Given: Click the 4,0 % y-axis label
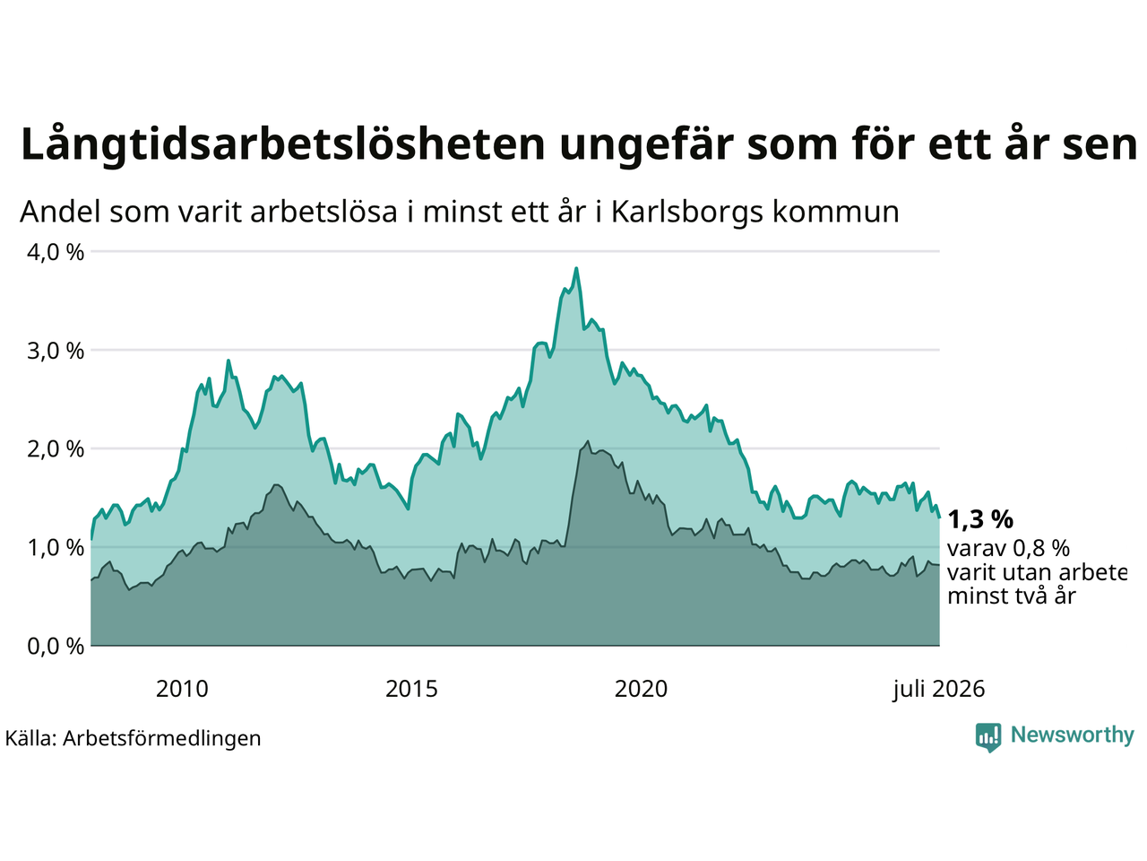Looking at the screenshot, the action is click(x=56, y=253).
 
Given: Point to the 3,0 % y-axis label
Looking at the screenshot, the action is click(x=56, y=351).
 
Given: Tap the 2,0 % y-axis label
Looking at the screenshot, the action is click(x=56, y=449).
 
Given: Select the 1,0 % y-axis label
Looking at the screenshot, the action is click(x=56, y=548).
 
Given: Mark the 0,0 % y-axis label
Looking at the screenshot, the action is click(x=56, y=647).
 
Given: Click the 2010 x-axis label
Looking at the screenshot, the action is click(x=182, y=690).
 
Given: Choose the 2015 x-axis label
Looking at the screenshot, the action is click(x=411, y=690).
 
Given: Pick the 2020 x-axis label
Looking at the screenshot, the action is click(x=641, y=690).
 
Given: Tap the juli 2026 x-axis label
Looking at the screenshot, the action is click(x=938, y=690).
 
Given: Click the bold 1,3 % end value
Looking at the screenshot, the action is click(x=980, y=519).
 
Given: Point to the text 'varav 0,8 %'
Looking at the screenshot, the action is click(x=1008, y=549).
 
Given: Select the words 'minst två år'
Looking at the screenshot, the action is click(x=1012, y=596).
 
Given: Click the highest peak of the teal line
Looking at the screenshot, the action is click(x=576, y=268).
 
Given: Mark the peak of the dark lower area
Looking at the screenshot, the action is click(x=588, y=441).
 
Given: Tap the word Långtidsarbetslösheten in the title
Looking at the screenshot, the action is click(x=282, y=144).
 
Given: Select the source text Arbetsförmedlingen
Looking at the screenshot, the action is click(x=161, y=739).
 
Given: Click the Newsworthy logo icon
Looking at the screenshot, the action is click(x=988, y=737).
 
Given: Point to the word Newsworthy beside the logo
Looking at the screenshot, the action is click(x=1073, y=735).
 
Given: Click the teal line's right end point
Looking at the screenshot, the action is click(x=939, y=517).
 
